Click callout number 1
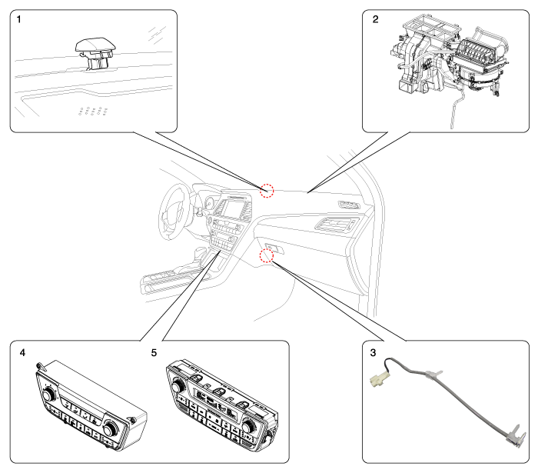click(19, 19)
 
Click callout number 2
click(375, 19)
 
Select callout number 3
click(373, 352)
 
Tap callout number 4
click(22, 352)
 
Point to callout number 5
click(154, 352)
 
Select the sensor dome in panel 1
click(95, 45)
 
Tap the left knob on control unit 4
click(48, 395)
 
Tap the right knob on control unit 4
click(111, 428)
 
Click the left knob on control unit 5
click(178, 387)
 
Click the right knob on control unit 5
click(247, 426)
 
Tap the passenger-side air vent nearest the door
click(349, 205)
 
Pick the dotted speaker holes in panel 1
click(93, 111)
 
